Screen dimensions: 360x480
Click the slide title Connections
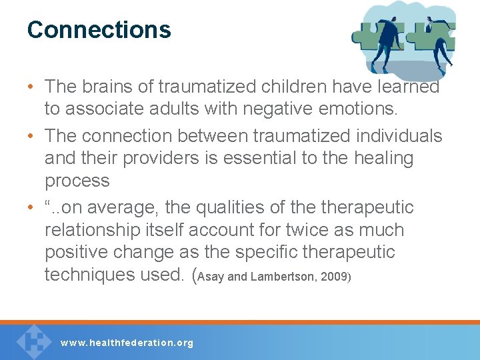99,29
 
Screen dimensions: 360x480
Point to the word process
77,181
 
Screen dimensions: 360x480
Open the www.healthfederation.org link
127,343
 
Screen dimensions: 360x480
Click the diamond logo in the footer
33,341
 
